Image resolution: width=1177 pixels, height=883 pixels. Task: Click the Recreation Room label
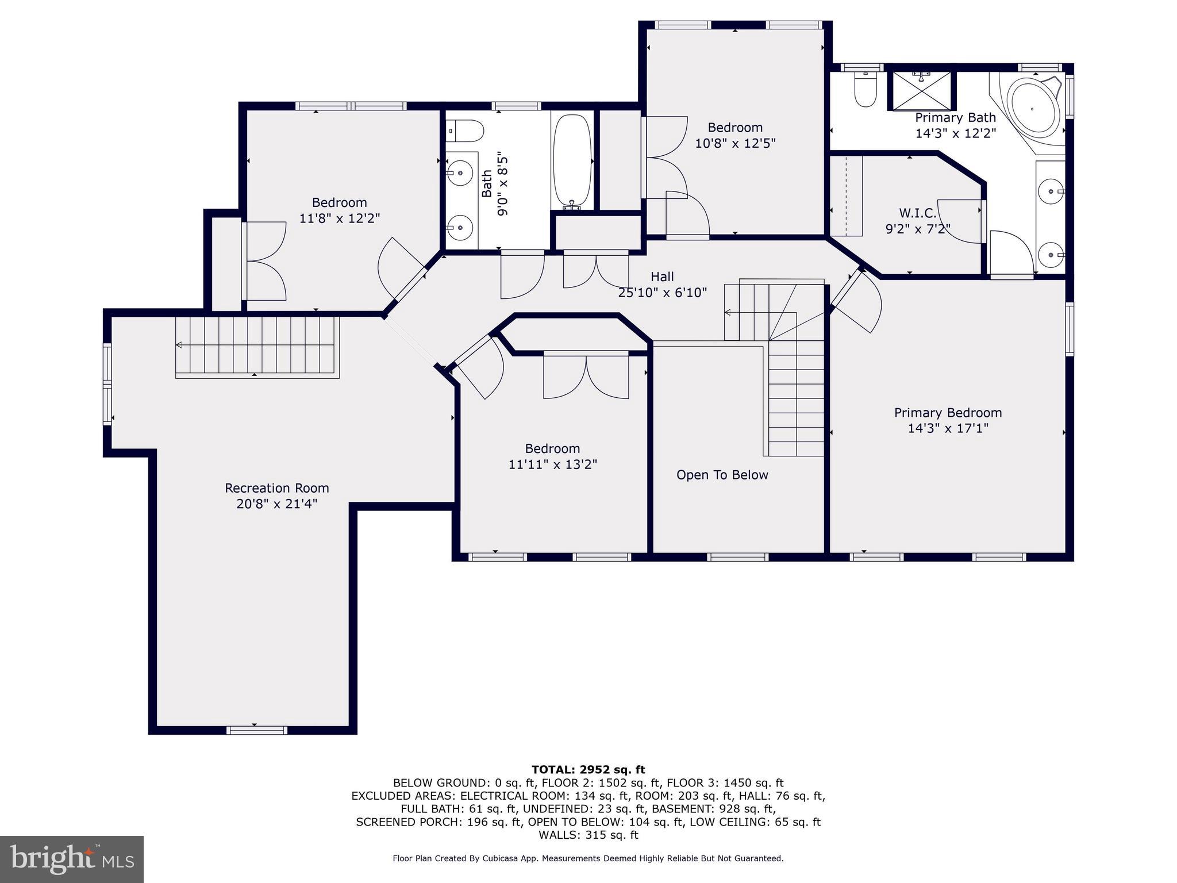tap(276, 488)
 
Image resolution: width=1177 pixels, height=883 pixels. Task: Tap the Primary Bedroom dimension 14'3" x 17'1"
tap(948, 428)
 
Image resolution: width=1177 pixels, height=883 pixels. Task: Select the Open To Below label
tap(722, 475)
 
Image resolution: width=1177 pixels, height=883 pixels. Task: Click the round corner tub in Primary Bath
tap(1033, 109)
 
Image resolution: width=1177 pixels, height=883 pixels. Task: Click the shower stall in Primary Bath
tap(921, 90)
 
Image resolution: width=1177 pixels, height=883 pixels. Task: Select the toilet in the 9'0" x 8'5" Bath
tap(466, 131)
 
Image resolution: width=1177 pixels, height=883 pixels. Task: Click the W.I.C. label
tap(917, 213)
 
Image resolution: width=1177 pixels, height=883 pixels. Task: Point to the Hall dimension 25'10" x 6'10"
tap(662, 293)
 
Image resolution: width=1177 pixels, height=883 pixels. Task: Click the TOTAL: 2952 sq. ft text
tap(588, 770)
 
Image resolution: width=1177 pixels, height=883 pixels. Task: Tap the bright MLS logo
tap(72, 859)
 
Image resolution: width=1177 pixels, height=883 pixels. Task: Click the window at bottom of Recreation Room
tap(256, 730)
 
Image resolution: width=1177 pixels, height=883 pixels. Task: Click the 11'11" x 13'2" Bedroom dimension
tap(552, 464)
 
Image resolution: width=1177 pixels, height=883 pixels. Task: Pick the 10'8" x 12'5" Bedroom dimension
tap(735, 143)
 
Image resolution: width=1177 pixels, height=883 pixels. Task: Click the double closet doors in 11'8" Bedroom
tap(265, 261)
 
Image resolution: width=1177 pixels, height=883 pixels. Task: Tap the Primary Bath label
tap(955, 118)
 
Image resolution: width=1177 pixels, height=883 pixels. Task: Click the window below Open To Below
tap(737, 556)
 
